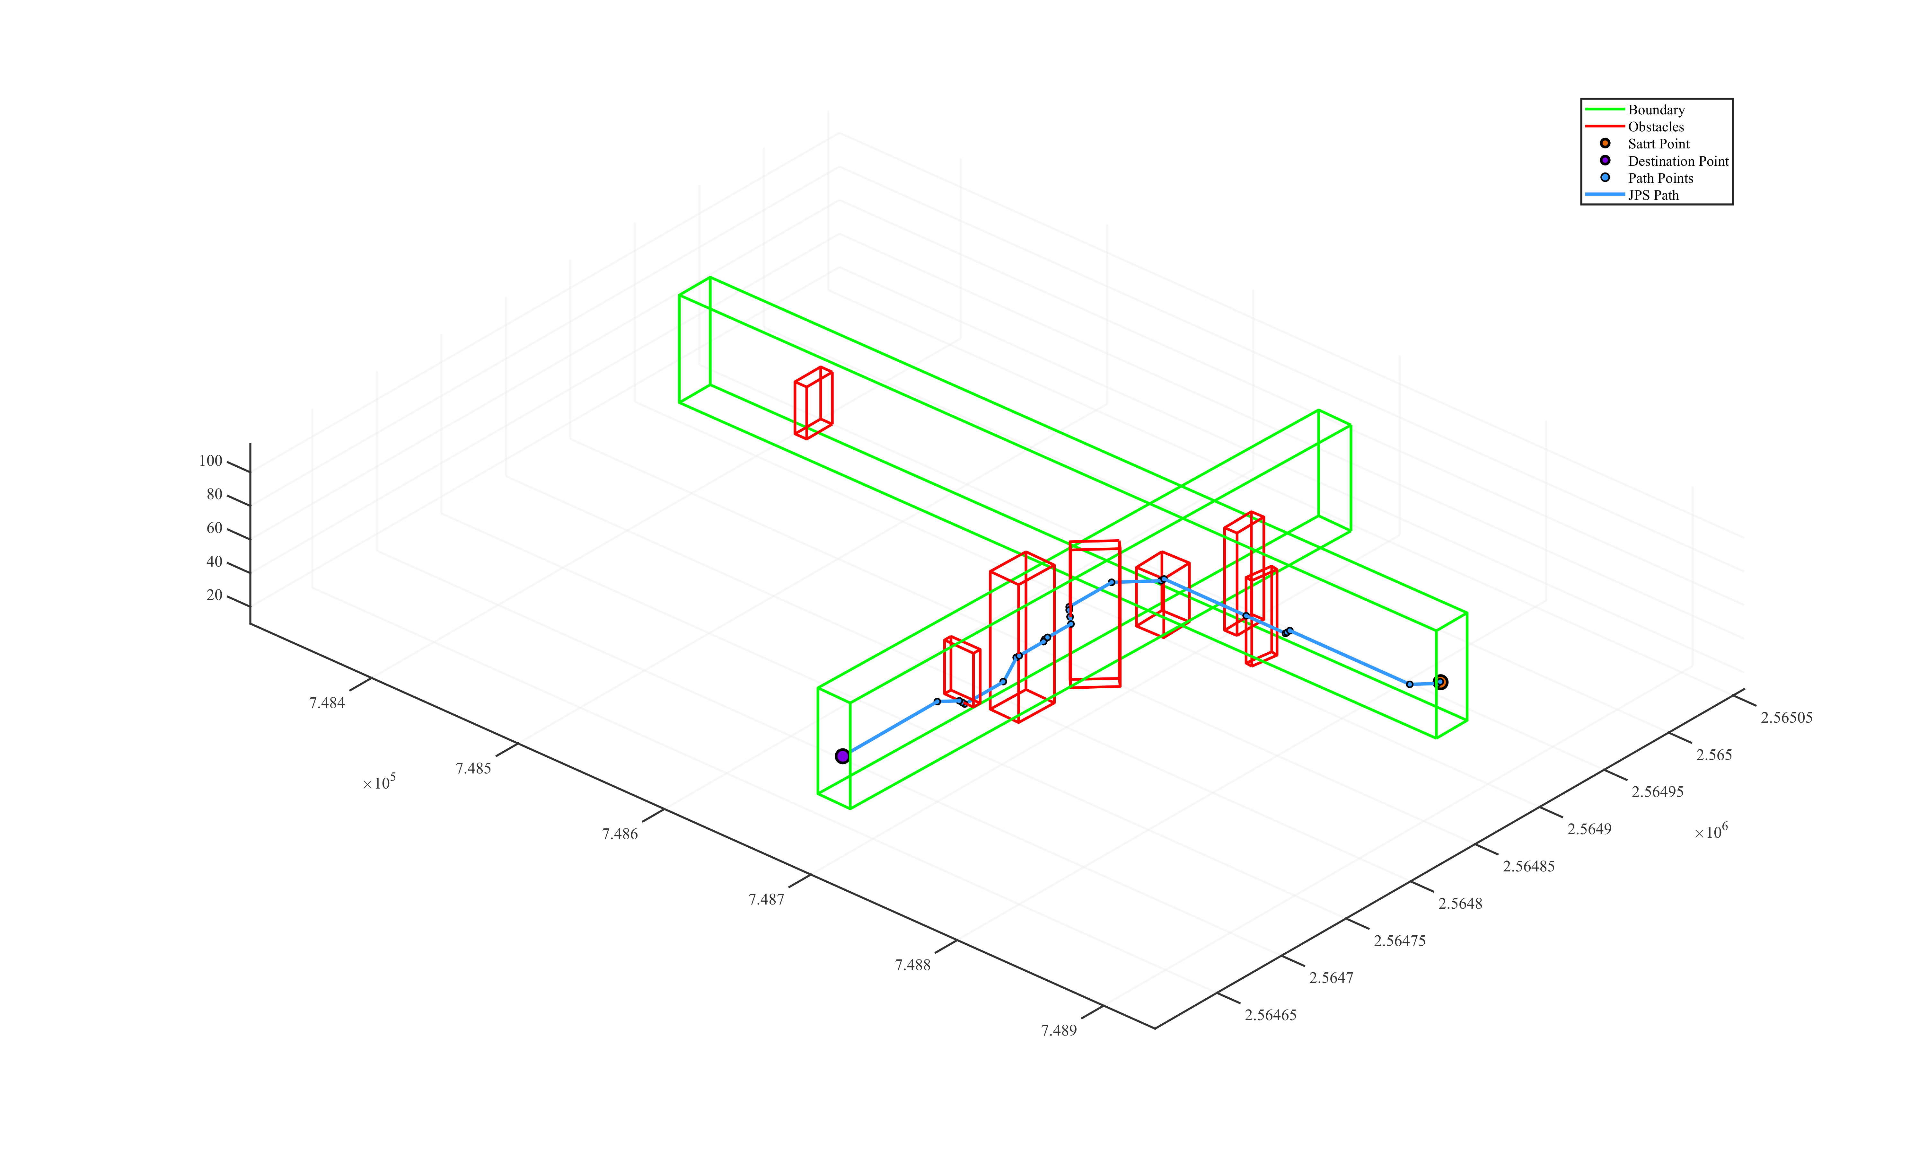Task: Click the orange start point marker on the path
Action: tap(1440, 682)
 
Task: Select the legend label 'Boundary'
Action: tap(1656, 110)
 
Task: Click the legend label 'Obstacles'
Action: tap(1656, 127)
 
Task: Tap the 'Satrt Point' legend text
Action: tap(1658, 144)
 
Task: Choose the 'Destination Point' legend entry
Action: tap(1677, 161)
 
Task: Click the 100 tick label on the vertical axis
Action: tap(210, 461)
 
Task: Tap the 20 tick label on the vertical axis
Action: tap(214, 595)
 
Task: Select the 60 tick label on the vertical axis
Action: tap(214, 528)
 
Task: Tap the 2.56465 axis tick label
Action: tap(1270, 1015)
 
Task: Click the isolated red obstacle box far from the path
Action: tap(813, 403)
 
